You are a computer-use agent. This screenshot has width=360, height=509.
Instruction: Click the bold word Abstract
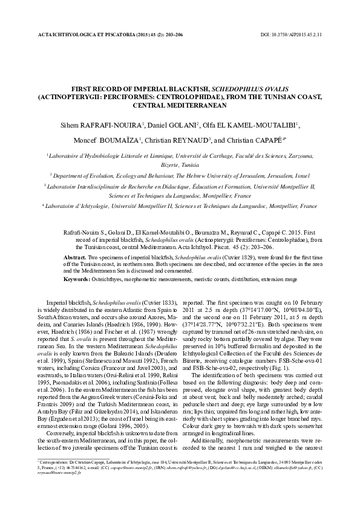pyautogui.click(x=76, y=257)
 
